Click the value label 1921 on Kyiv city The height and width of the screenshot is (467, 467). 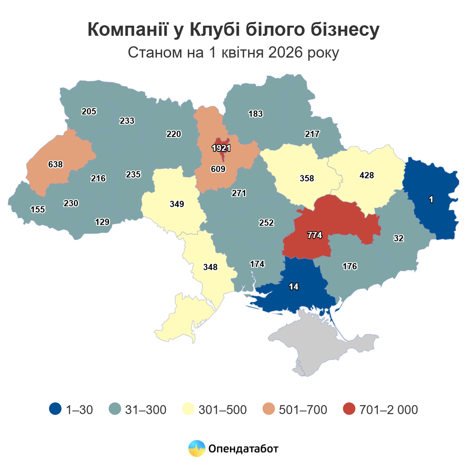[x=221, y=148]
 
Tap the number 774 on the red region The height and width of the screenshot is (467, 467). [x=314, y=235]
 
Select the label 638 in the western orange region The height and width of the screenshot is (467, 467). [x=55, y=164]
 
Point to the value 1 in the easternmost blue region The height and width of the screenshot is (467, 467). [x=431, y=199]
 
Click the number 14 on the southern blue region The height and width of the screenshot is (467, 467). [x=293, y=286]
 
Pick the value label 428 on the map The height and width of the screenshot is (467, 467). [x=367, y=175]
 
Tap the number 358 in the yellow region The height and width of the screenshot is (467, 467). [x=307, y=178]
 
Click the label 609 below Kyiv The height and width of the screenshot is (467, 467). [x=218, y=169]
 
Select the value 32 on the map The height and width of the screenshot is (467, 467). [x=399, y=238]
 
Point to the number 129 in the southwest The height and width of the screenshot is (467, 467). [x=102, y=222]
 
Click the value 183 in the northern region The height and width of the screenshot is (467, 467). [x=256, y=114]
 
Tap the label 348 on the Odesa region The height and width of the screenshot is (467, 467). [x=210, y=267]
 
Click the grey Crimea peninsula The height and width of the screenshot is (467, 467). [x=319, y=342]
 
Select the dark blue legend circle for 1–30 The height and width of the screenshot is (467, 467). [x=55, y=409]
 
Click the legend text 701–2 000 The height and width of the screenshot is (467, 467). [x=388, y=409]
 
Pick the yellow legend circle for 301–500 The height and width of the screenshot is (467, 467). [x=188, y=409]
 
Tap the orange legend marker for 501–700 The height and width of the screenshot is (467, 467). [x=269, y=409]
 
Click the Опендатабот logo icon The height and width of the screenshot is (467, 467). [x=197, y=448]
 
